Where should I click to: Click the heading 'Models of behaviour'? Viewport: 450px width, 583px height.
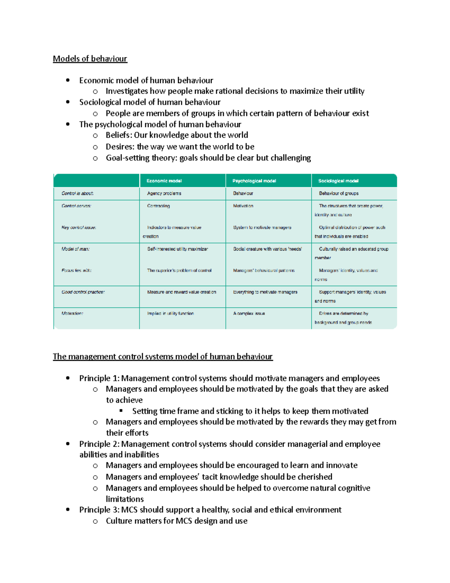coord(90,59)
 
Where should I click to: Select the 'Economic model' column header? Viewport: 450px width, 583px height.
coord(164,181)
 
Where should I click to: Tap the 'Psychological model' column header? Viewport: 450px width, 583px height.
coord(254,181)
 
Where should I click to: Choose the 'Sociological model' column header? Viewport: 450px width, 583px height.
coord(338,181)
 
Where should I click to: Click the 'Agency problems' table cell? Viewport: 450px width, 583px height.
coord(164,193)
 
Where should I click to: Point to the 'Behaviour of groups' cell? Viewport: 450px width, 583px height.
coord(339,193)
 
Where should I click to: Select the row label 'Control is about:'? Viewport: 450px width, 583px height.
coord(78,193)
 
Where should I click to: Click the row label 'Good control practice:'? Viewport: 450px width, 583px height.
coord(83,292)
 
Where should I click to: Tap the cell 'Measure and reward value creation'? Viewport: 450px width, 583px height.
coord(181,292)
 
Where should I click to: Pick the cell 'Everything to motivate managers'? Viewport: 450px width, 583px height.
coord(265,292)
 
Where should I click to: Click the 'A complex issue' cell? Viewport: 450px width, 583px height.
coord(249,313)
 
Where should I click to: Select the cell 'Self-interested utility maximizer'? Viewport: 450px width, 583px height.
coord(177,249)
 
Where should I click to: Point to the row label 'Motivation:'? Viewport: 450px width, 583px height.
coord(72,313)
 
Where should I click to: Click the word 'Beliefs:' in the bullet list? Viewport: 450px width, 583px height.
coord(119,135)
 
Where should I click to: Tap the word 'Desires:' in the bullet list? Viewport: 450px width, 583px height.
coord(120,147)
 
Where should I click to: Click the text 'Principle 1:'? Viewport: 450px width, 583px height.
coord(99,378)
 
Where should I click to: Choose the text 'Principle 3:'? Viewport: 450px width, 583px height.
coord(99,510)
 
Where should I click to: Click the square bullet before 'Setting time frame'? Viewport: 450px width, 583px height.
coord(121,411)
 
